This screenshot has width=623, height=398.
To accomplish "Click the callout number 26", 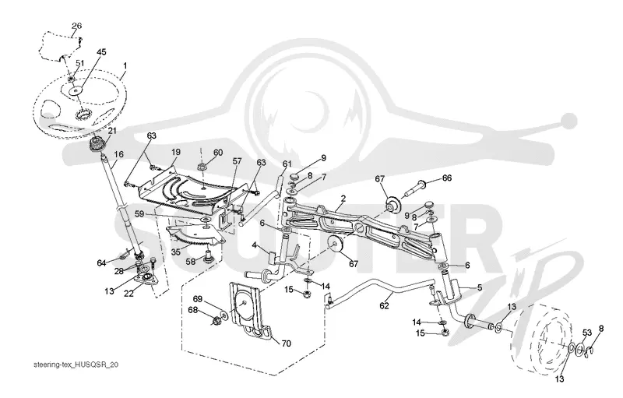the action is (76, 26).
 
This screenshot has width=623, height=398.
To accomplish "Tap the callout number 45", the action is (101, 52).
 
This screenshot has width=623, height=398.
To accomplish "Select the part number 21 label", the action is (111, 130).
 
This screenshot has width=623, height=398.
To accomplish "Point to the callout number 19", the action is (176, 152).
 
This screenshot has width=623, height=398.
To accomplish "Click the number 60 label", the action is (218, 153).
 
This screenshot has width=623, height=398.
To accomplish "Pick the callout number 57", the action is (238, 161).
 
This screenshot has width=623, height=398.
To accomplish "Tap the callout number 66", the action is (447, 178).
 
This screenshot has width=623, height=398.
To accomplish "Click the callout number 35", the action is (176, 252).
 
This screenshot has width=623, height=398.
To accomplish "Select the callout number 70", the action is (286, 343).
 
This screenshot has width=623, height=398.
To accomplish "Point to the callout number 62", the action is (384, 306).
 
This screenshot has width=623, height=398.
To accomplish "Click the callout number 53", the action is (587, 332).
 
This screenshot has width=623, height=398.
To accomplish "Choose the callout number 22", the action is (128, 294).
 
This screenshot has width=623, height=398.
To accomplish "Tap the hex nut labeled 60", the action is (201, 166).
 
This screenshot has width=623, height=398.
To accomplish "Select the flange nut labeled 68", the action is (217, 320).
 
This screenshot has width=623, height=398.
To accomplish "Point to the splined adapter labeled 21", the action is (95, 144).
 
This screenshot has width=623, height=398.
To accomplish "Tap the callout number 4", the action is (255, 246).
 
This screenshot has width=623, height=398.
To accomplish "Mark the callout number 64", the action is (102, 263).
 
